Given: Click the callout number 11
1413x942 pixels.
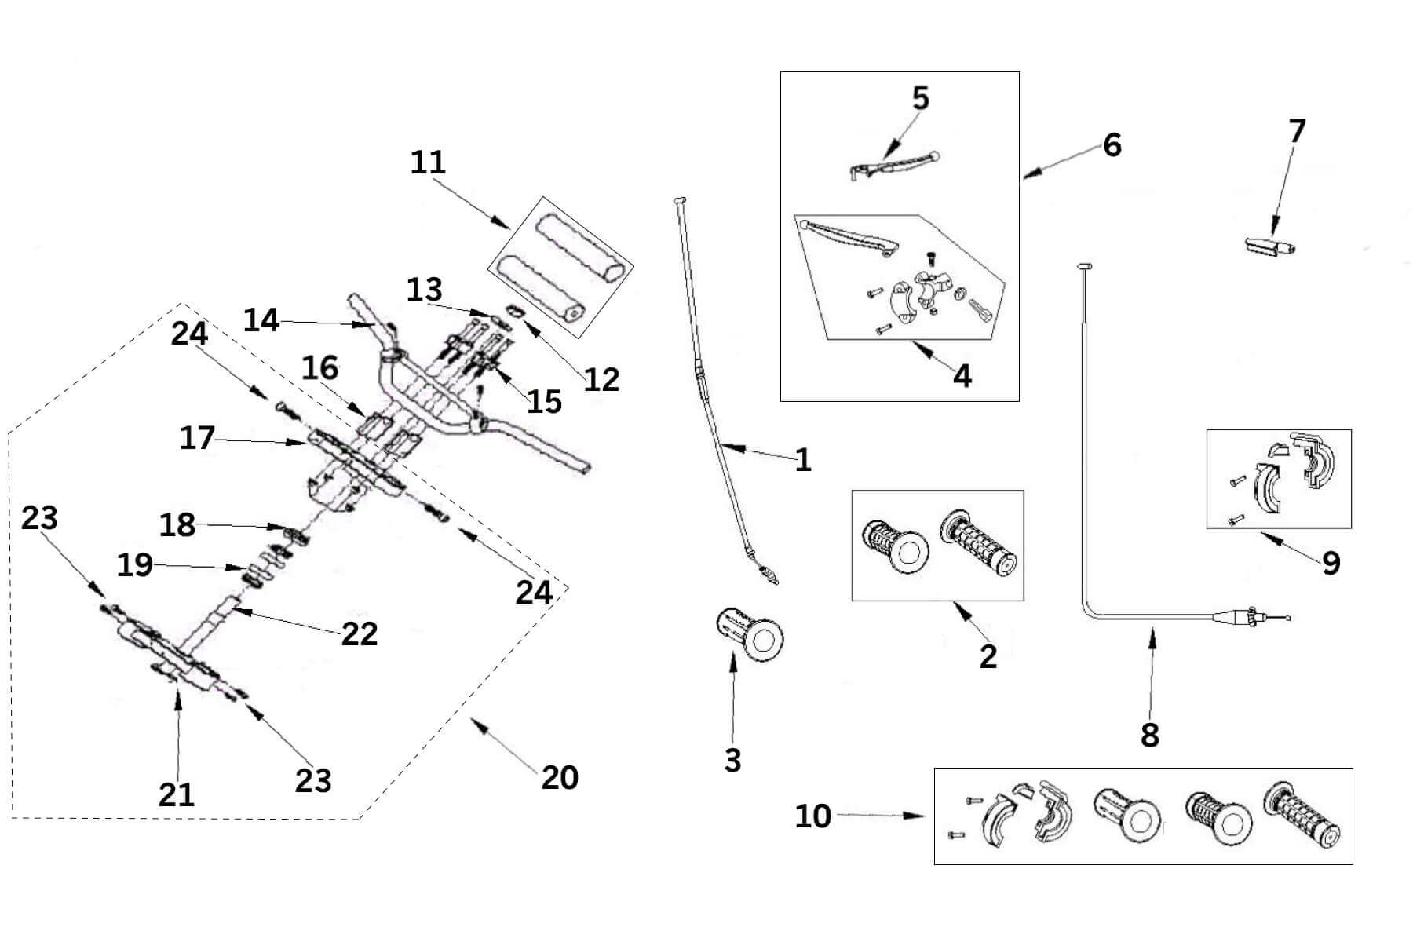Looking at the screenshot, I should point(428,162).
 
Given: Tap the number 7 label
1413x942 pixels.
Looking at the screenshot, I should point(1296,131).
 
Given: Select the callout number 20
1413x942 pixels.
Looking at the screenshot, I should point(559,777).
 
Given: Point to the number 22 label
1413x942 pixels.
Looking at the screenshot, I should point(359,633).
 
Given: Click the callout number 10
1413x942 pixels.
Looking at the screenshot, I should point(812,816).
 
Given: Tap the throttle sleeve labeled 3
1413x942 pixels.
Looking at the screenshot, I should point(750,633).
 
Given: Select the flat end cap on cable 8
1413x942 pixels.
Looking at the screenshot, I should point(1086,268).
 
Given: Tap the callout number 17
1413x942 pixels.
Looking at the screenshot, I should point(196,438).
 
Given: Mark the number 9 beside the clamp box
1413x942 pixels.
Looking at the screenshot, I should point(1331,563).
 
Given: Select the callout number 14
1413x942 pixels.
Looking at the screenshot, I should point(261,320).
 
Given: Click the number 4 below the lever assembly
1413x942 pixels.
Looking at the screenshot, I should point(962,376).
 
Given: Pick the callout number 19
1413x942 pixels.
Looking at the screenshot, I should point(134,564).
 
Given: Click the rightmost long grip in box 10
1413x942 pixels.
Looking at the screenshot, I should point(1301,814).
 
